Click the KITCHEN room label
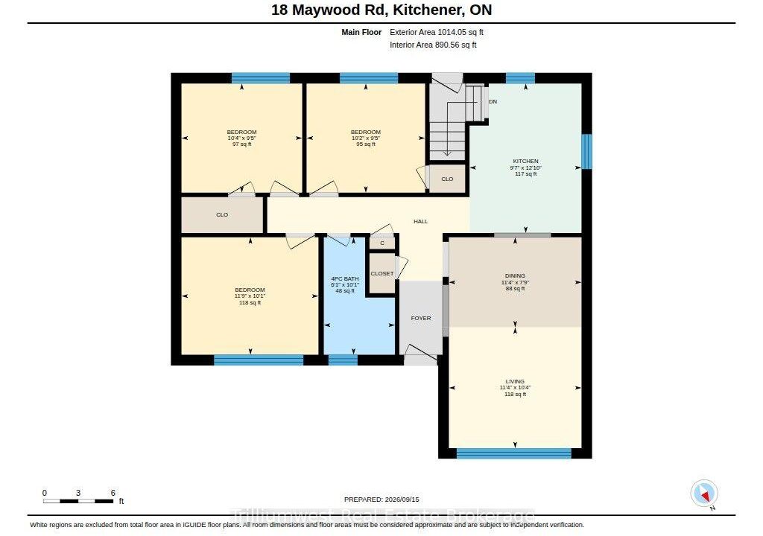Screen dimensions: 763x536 [525, 161]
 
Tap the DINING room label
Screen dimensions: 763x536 [515, 275]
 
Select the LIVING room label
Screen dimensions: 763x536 [515, 381]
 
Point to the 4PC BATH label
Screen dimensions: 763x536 [345, 278]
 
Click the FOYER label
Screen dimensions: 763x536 [421, 318]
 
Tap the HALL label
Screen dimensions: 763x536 [421, 221]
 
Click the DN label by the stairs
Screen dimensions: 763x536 [493, 102]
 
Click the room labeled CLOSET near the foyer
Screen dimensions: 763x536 [382, 273]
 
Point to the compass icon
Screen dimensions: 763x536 [704, 494]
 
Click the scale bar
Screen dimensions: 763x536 [78, 500]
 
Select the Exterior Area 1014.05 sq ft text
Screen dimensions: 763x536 [437, 32]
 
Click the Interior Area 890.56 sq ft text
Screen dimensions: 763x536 [433, 45]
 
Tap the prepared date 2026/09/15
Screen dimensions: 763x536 [402, 499]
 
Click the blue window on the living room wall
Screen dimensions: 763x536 [514, 453]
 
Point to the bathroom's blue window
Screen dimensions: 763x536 [343, 360]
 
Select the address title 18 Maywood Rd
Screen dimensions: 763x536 [327, 10]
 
